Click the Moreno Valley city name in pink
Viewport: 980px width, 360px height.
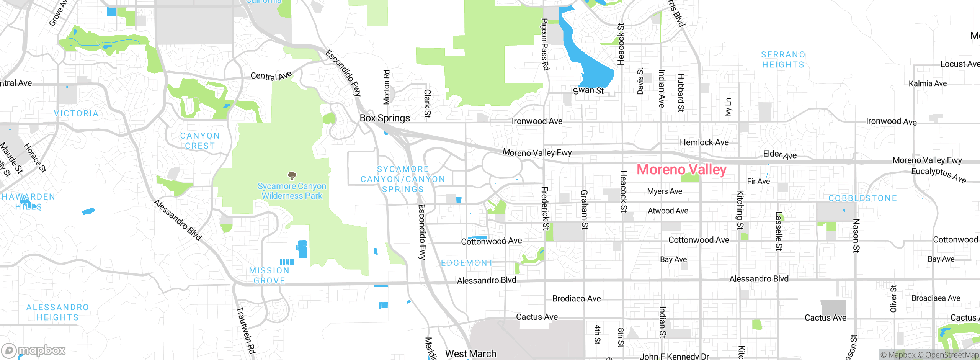pyautogui.click(x=681, y=169)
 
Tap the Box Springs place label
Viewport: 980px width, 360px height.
pyautogui.click(x=385, y=118)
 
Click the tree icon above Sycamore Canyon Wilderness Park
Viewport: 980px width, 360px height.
pyautogui.click(x=292, y=176)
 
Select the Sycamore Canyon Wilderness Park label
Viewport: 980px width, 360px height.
pyautogui.click(x=292, y=191)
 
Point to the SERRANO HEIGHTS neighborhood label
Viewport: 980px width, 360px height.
pyautogui.click(x=783, y=60)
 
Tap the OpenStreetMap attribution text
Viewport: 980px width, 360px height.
pyautogui.click(x=952, y=355)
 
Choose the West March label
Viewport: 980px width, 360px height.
pyautogui.click(x=470, y=353)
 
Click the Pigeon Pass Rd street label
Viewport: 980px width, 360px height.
pyautogui.click(x=545, y=44)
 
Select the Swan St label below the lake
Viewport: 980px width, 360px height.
pyautogui.click(x=588, y=91)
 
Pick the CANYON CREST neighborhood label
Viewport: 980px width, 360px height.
pyautogui.click(x=200, y=141)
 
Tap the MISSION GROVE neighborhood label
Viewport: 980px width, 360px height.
pyautogui.click(x=269, y=275)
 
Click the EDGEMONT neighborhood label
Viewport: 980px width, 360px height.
pyautogui.click(x=467, y=263)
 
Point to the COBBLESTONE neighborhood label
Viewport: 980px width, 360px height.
pyautogui.click(x=862, y=198)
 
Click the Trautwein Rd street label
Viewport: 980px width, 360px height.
pyautogui.click(x=246, y=330)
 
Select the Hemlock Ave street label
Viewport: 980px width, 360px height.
pyautogui.click(x=704, y=142)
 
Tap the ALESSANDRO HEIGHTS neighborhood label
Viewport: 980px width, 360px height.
pyautogui.click(x=57, y=312)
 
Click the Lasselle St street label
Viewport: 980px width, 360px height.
pyautogui.click(x=778, y=231)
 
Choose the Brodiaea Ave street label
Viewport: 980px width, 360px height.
pyautogui.click(x=576, y=298)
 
